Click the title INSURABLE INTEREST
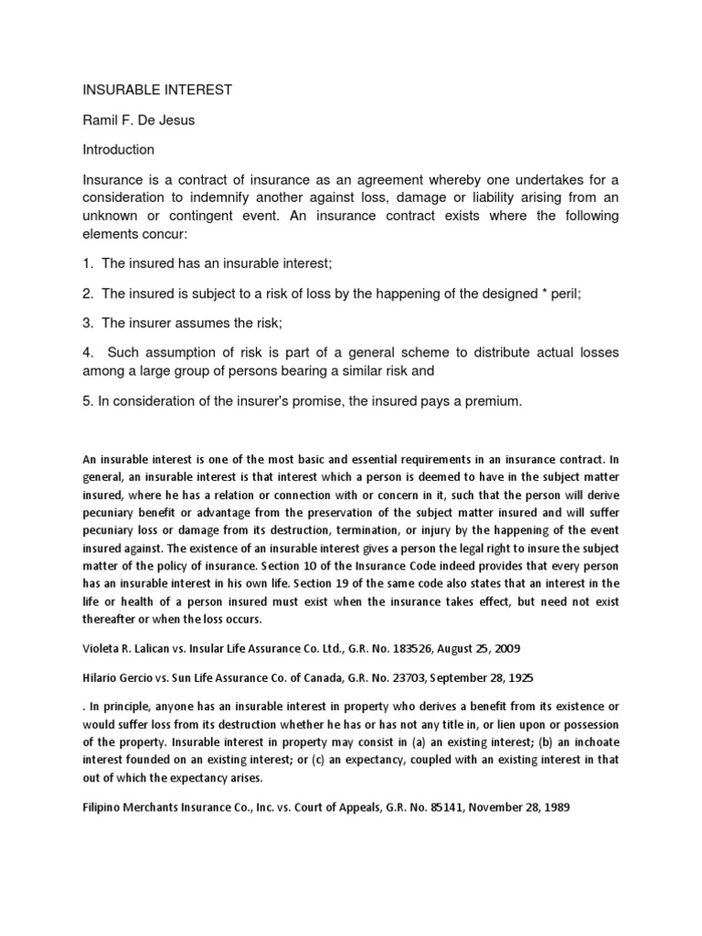tap(158, 90)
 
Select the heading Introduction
tap(119, 149)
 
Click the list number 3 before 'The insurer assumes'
tap(88, 323)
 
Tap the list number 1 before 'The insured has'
tap(88, 264)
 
